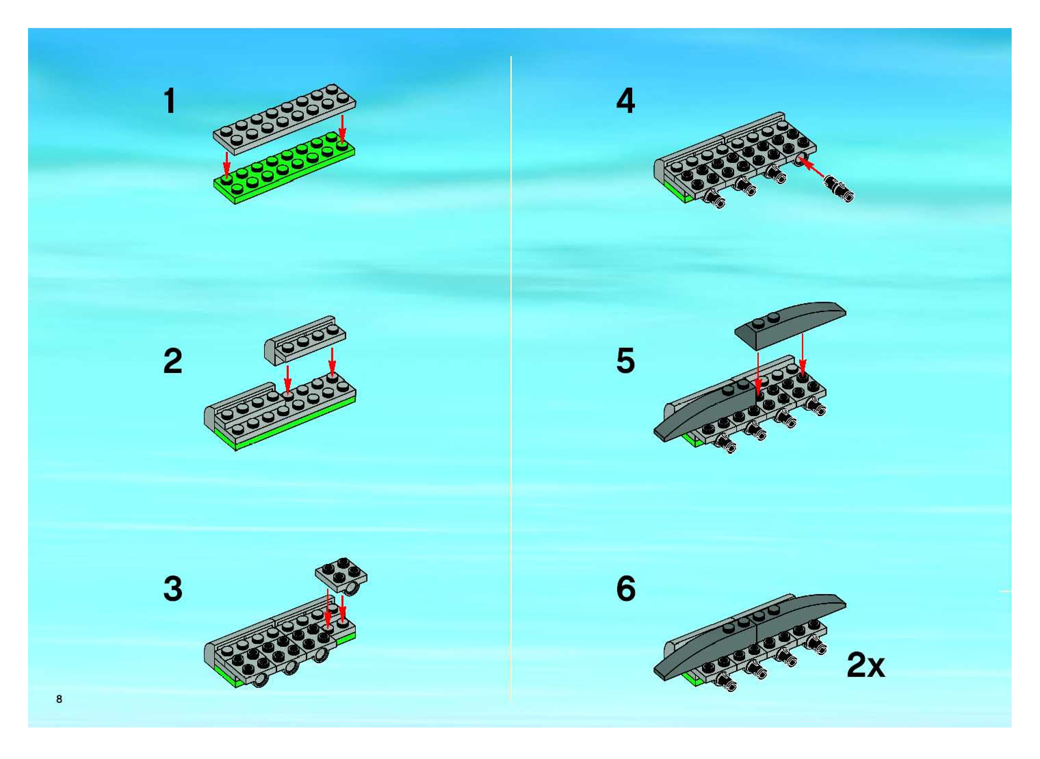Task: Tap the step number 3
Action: pos(173,589)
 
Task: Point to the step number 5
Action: pos(626,361)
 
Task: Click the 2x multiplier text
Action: pos(866,665)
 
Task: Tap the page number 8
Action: pos(59,699)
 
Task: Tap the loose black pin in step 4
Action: pos(839,188)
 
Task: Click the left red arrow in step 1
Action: pos(225,164)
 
